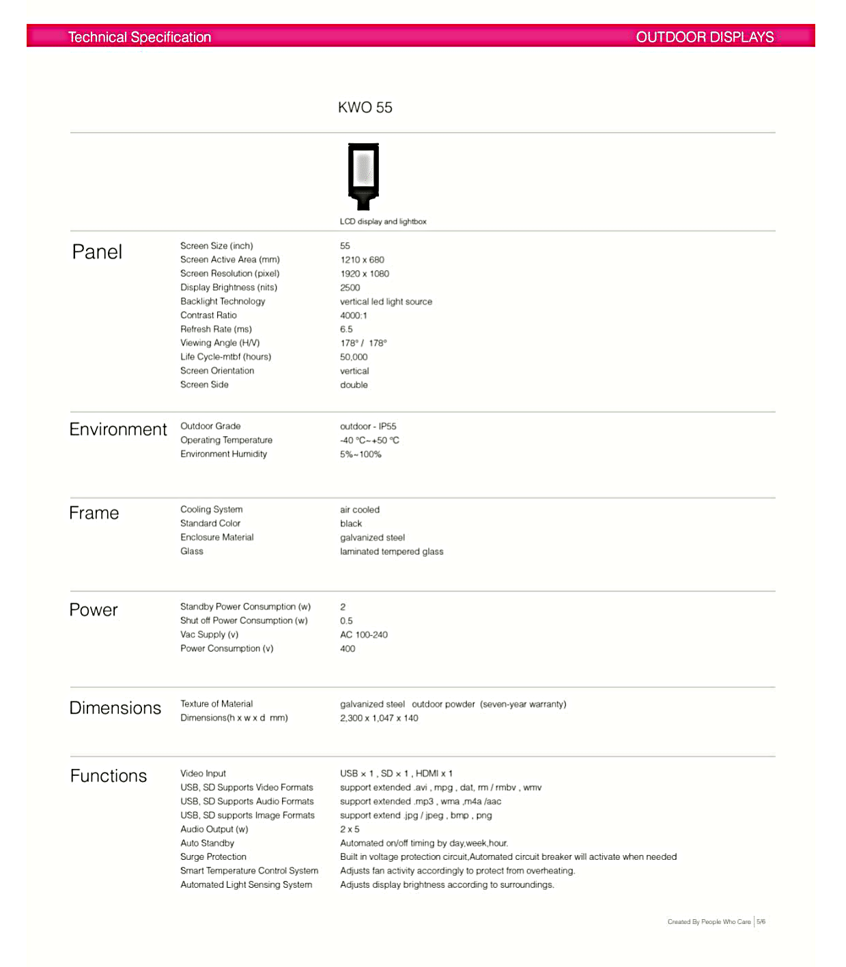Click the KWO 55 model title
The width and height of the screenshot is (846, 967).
click(365, 108)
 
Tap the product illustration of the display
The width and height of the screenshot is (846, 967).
click(363, 175)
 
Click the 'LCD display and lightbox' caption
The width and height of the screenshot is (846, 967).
click(383, 222)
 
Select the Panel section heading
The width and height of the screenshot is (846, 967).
click(97, 252)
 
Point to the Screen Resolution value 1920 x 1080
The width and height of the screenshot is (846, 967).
click(365, 274)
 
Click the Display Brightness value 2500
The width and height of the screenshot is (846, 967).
click(350, 288)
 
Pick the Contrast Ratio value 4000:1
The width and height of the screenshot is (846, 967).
click(353, 315)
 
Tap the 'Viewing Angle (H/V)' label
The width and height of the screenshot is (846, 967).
click(220, 343)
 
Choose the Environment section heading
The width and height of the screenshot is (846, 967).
click(118, 429)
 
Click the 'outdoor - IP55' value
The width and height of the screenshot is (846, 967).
click(368, 427)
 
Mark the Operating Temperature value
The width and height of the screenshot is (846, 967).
click(369, 440)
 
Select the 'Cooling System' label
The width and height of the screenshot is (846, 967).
click(211, 510)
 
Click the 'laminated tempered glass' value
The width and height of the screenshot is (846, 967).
click(391, 551)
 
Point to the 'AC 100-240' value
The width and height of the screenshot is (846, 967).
click(364, 635)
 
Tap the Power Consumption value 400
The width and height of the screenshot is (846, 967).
click(348, 649)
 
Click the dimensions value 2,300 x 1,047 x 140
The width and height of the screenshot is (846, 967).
click(379, 718)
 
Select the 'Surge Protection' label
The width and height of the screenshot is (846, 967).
click(213, 857)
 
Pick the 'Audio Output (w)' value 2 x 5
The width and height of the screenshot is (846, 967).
click(350, 829)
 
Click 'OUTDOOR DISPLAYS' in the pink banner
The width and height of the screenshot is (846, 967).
click(705, 37)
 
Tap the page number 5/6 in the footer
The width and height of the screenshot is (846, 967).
click(761, 921)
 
